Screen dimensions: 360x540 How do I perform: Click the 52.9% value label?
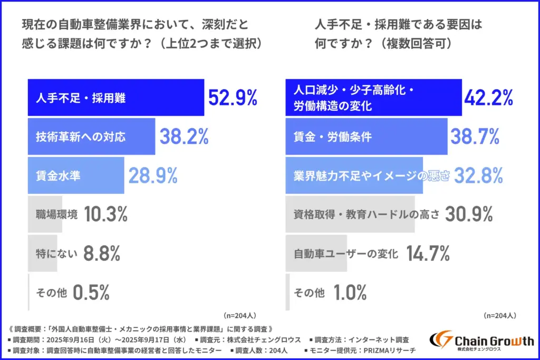point(233,98)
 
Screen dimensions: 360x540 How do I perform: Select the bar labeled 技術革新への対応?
point(91,137)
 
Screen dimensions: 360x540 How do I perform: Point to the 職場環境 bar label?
point(57,215)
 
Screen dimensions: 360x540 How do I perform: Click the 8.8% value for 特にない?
point(101,254)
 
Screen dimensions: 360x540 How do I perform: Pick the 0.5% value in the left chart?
point(91,292)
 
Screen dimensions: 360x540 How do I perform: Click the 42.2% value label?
point(489,98)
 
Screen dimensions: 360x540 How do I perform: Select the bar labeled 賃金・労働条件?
point(366,137)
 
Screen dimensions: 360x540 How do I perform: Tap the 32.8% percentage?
point(478,176)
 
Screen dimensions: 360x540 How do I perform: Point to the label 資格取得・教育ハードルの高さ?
point(366,215)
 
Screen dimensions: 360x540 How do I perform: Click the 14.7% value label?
point(427,254)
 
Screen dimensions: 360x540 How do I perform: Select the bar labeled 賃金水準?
point(75,176)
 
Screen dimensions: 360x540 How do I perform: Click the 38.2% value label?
point(184,137)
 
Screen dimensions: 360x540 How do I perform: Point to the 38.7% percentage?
point(475,137)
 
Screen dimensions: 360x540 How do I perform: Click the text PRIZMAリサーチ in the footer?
point(386,351)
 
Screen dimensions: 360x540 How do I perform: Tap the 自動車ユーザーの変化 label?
point(345,254)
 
